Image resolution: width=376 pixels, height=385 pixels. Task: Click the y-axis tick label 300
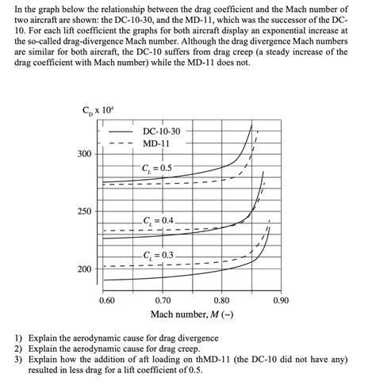(83, 154)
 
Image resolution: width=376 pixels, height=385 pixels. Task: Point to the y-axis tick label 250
(83, 212)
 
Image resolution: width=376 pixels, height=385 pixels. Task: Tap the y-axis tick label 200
(83, 269)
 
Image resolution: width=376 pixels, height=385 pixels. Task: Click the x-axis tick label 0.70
(163, 301)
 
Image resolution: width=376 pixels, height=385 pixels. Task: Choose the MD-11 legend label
(156, 143)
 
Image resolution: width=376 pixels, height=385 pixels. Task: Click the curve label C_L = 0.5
(156, 168)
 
